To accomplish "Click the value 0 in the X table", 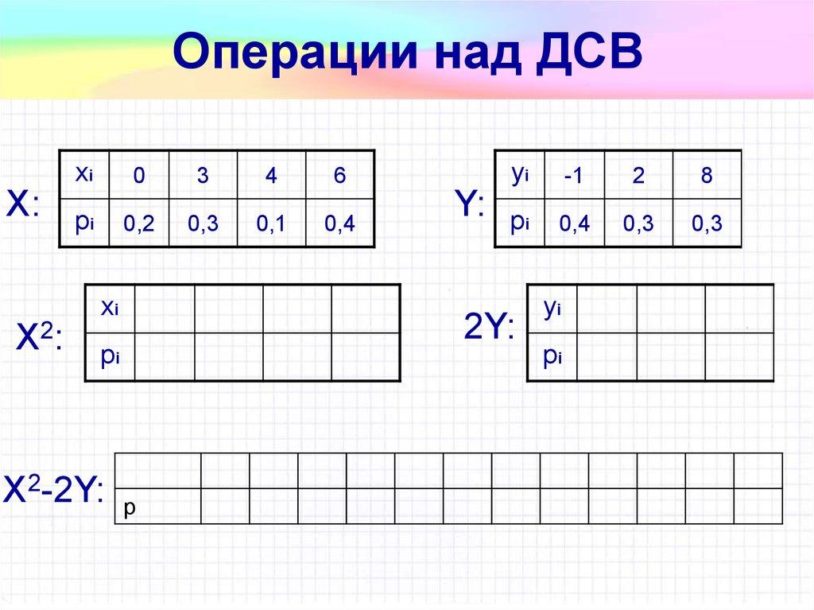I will (139, 177).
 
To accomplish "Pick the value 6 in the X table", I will (339, 177).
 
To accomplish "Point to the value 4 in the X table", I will (271, 177).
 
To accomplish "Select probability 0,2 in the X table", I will (138, 225).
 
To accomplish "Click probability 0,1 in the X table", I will (271, 225).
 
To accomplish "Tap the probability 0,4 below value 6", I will (339, 225).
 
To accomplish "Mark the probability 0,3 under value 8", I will (706, 225).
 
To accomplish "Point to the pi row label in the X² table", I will (108, 358).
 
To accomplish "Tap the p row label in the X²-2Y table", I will (130, 506).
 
